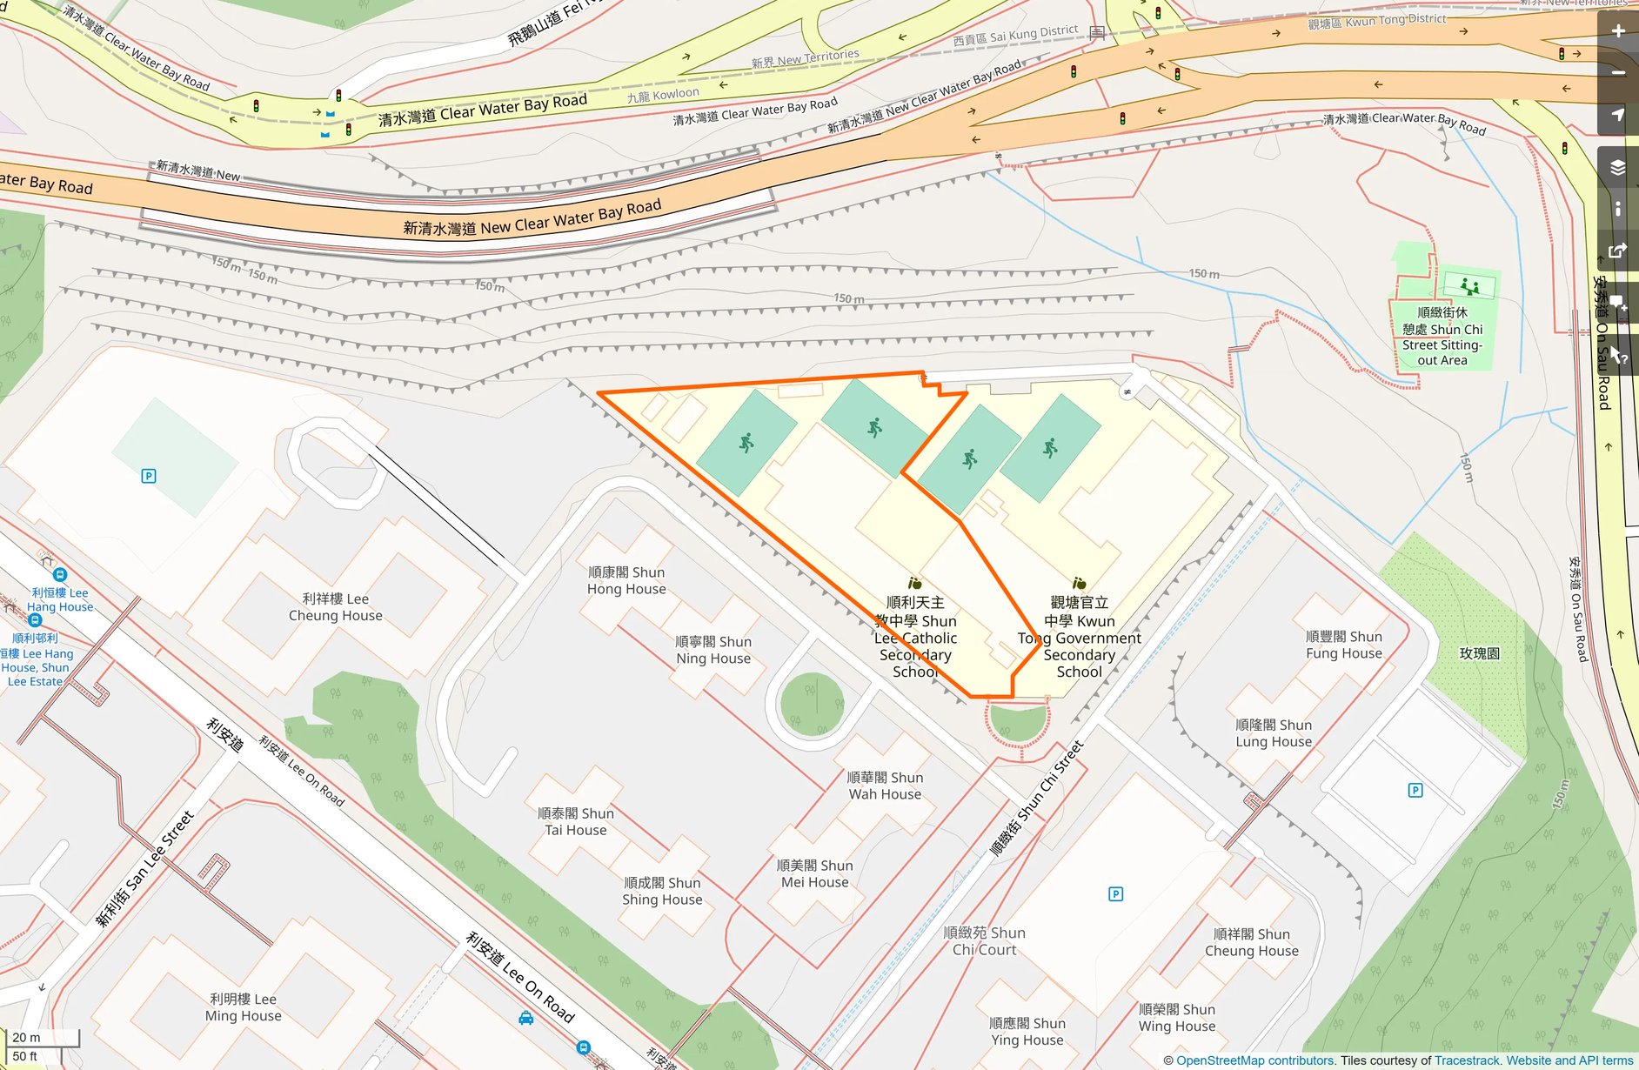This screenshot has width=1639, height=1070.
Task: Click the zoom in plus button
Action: click(1618, 31)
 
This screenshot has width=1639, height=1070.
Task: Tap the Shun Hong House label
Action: click(626, 580)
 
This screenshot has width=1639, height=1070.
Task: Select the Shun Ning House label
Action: click(713, 650)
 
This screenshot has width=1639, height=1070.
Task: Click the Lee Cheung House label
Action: click(336, 607)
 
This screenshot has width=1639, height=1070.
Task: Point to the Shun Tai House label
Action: click(576, 821)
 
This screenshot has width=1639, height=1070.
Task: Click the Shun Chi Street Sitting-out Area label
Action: click(1442, 336)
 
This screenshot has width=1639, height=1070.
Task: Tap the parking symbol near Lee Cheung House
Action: click(149, 476)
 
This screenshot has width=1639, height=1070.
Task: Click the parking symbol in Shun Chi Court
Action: click(1116, 894)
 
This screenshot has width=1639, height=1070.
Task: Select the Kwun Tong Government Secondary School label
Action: click(1080, 637)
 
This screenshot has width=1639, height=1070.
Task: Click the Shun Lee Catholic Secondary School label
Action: click(916, 637)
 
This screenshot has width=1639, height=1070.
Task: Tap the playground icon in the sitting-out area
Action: click(1470, 285)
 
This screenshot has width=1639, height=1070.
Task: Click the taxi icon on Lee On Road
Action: click(526, 1018)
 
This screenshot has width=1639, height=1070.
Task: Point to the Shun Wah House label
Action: click(885, 786)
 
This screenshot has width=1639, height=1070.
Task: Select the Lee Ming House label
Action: click(244, 1007)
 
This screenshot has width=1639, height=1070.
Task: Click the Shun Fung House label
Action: click(1344, 645)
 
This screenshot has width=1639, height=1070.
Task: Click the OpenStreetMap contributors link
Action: click(1254, 1060)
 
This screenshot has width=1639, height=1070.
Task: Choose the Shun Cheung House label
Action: click(1252, 942)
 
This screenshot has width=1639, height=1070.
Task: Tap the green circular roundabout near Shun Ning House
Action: click(813, 704)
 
